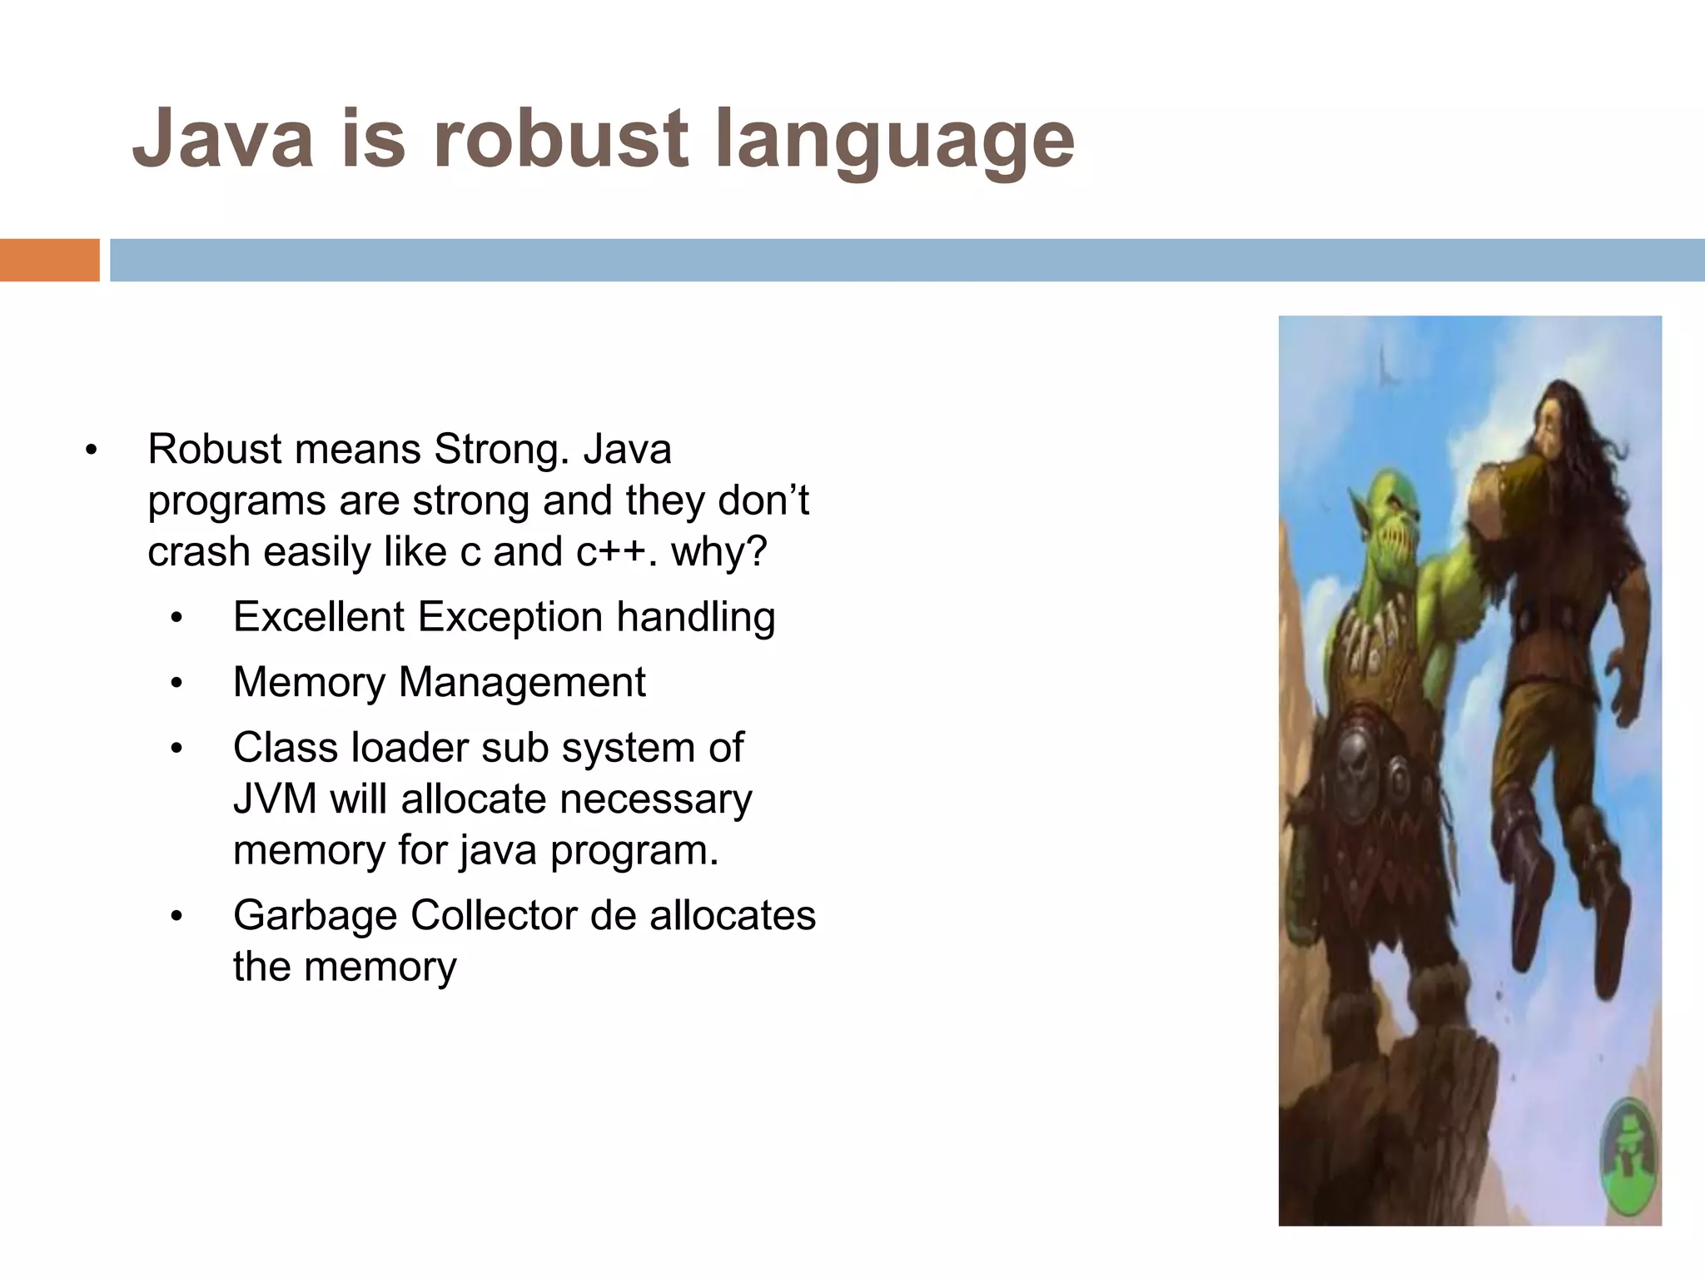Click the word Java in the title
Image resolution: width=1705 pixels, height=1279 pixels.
click(223, 137)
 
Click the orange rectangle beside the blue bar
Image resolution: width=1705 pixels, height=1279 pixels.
click(49, 260)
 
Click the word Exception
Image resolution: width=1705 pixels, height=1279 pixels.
click(510, 617)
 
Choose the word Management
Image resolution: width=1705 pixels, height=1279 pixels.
click(522, 682)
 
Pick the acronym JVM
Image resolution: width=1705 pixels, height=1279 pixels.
click(275, 799)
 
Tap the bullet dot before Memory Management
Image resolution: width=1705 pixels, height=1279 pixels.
click(176, 684)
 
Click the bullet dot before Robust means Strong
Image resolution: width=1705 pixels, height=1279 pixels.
click(91, 451)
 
